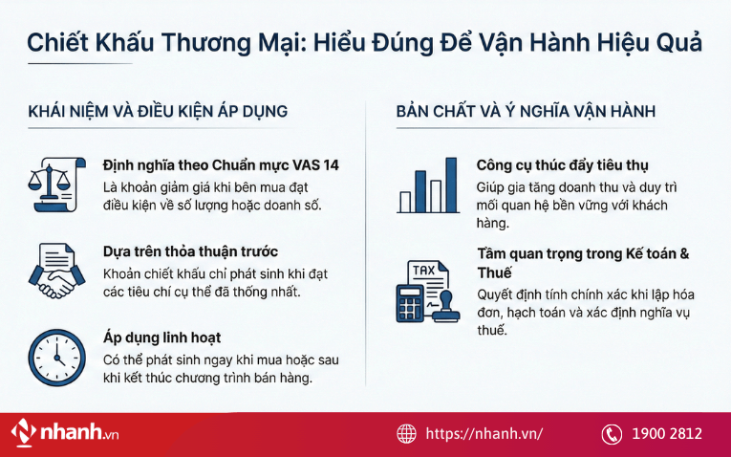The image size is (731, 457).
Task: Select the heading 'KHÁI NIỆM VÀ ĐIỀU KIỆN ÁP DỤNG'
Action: [158, 112]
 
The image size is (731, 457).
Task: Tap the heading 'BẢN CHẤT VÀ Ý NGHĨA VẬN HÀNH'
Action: [526, 112]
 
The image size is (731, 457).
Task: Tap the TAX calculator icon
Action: [428, 290]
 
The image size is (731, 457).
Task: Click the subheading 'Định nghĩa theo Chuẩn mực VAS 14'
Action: [221, 165]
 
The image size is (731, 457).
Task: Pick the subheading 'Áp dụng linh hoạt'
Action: [162, 338]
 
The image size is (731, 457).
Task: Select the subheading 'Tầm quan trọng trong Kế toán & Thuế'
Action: [583, 263]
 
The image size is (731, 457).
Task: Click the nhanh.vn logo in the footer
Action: [66, 433]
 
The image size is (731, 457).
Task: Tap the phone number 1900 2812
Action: [666, 434]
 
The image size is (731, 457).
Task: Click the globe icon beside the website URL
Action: [407, 434]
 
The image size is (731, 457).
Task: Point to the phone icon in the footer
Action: [612, 434]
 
